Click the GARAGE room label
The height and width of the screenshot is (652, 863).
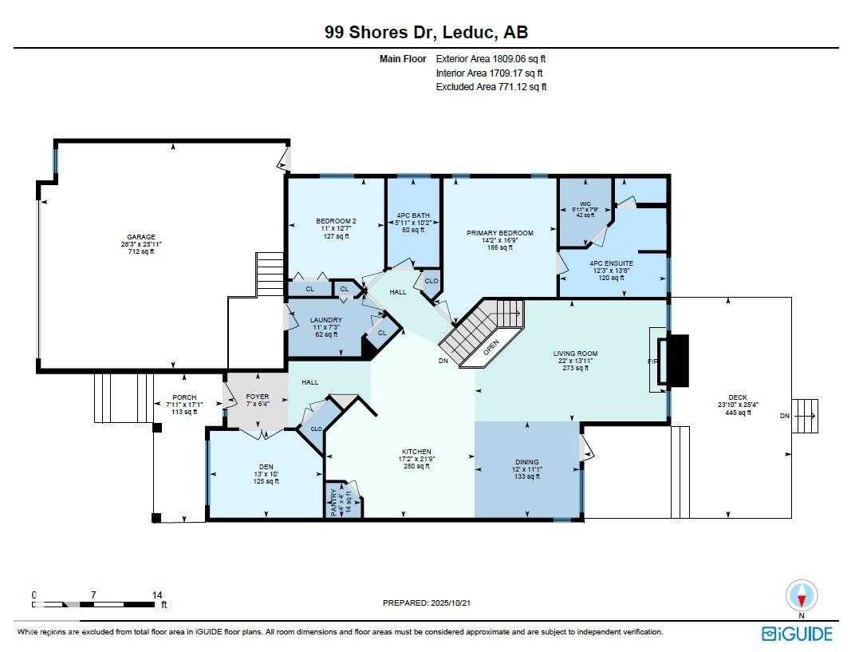pos(140,237)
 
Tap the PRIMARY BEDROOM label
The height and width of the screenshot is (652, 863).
pos(499,233)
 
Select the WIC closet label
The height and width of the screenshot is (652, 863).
pos(585,204)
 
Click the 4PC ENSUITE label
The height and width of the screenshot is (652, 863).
pos(611,263)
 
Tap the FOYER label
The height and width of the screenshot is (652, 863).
pos(257,397)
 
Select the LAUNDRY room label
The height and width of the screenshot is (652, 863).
pos(325,320)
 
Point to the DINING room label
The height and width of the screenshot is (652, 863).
pos(526,462)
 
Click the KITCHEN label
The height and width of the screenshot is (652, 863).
pos(416,452)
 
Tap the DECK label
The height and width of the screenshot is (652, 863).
pos(738,397)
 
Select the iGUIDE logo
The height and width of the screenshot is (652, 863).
pos(797,634)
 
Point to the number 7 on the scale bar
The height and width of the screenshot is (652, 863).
pos(93,595)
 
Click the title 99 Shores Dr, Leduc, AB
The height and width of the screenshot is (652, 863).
pos(426,33)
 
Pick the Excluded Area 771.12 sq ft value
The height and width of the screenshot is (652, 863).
pos(491,87)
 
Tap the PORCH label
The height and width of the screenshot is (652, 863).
pos(184,397)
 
